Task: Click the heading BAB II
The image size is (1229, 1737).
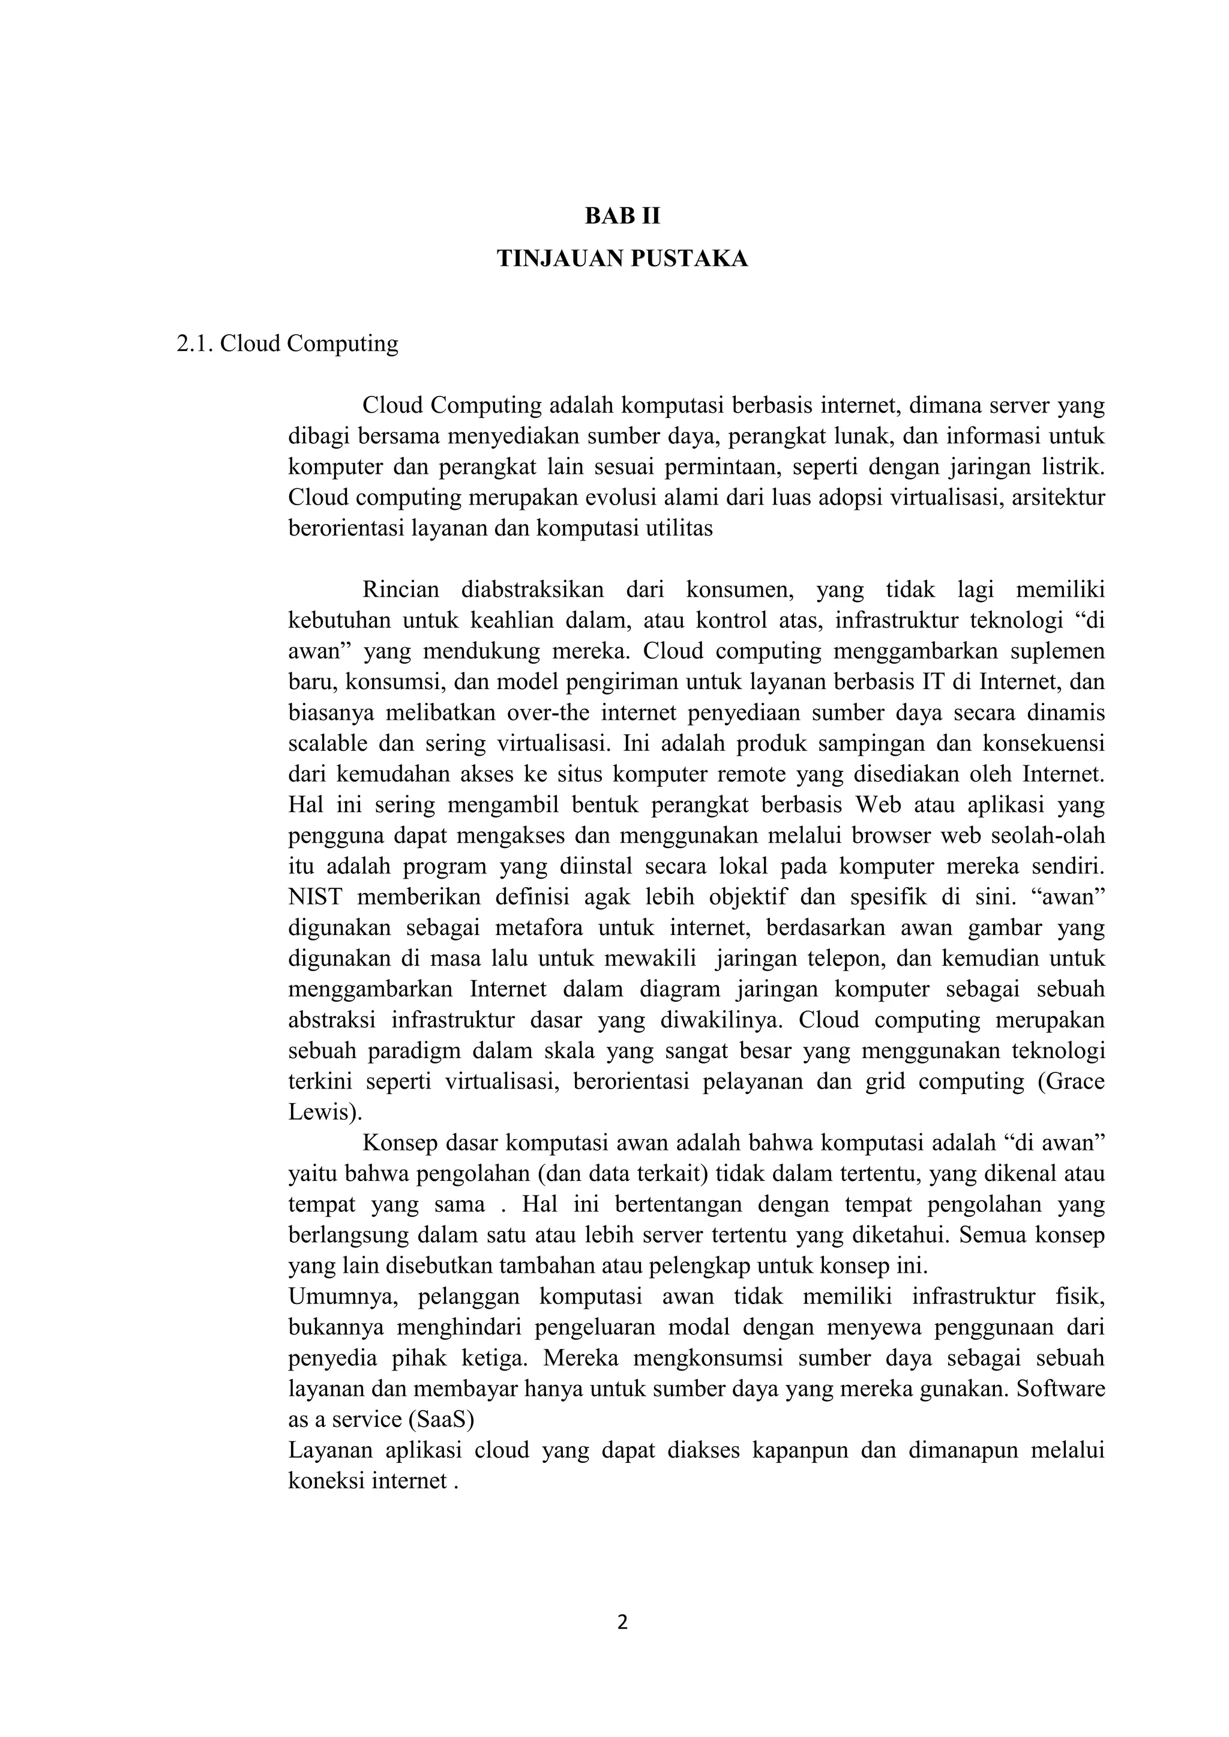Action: tap(622, 217)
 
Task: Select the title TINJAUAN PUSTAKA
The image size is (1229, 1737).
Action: tap(622, 259)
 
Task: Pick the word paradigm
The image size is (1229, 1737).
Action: tap(414, 1051)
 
